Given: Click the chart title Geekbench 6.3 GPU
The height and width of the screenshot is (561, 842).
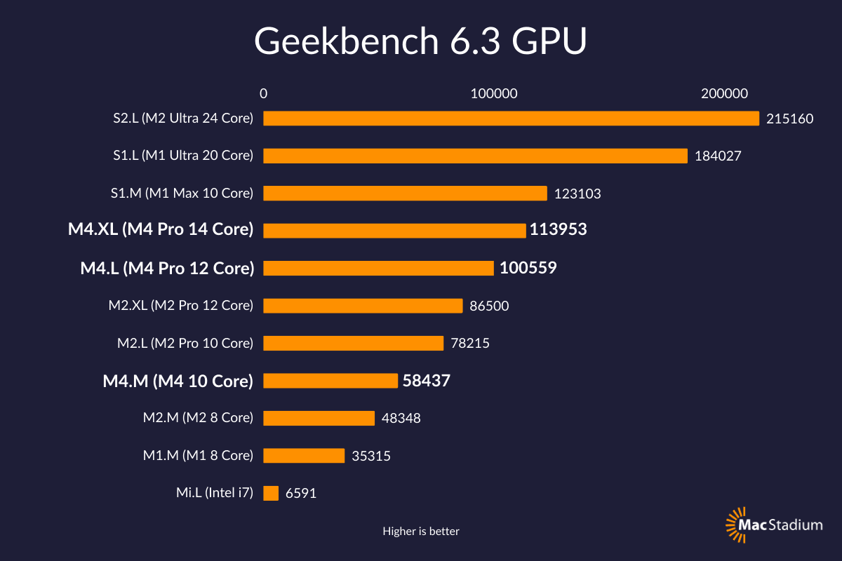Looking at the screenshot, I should pyautogui.click(x=420, y=42).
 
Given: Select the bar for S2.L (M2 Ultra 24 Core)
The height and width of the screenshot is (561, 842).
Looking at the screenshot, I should pyautogui.click(x=511, y=119).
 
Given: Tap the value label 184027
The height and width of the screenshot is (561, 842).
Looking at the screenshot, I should pyautogui.click(x=717, y=156).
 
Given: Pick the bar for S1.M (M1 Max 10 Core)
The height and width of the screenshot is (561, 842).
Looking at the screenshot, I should pyautogui.click(x=405, y=194).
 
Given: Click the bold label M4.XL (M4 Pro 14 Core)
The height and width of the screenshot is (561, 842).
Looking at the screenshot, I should pyautogui.click(x=161, y=229).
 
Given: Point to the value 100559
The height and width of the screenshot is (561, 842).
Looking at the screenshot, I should pyautogui.click(x=528, y=267).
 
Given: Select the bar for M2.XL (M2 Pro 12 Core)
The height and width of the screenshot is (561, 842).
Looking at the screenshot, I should pyautogui.click(x=363, y=306).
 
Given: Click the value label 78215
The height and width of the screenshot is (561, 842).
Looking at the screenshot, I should pyautogui.click(x=469, y=344).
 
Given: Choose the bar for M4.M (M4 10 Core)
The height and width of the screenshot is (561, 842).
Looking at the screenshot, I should pyautogui.click(x=330, y=381).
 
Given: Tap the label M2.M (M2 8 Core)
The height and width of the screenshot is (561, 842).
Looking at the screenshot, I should pyautogui.click(x=198, y=418).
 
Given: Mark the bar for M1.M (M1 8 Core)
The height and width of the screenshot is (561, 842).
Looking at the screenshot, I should pyautogui.click(x=304, y=456).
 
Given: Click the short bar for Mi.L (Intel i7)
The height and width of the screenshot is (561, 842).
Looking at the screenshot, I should pyautogui.click(x=271, y=493).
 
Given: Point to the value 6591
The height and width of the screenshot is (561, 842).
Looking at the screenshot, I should pyautogui.click(x=301, y=493).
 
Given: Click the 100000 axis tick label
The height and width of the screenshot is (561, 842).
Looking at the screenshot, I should pyautogui.click(x=493, y=93).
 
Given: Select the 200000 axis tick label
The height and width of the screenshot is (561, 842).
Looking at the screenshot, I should pyautogui.click(x=724, y=93).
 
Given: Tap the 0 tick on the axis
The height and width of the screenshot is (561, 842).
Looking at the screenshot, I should pyautogui.click(x=263, y=93).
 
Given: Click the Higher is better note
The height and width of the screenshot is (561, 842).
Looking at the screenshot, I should pyautogui.click(x=421, y=532).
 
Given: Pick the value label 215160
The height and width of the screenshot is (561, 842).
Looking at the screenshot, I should pyautogui.click(x=789, y=119).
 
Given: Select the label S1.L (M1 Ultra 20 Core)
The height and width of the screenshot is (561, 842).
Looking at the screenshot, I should pyautogui.click(x=182, y=156).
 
